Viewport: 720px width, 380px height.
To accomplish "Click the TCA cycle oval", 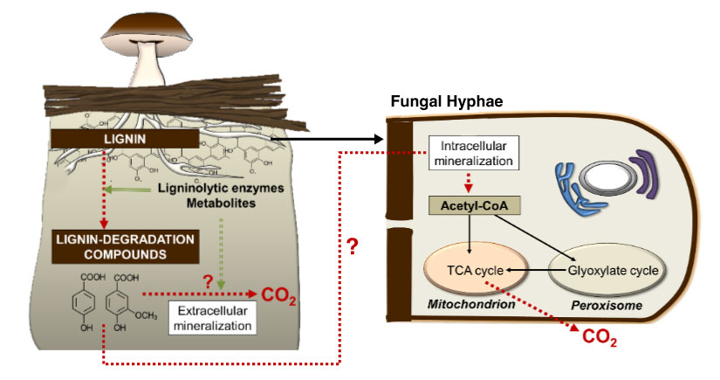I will tap(476, 270).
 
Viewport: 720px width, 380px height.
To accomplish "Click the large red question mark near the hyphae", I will tap(353, 246).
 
